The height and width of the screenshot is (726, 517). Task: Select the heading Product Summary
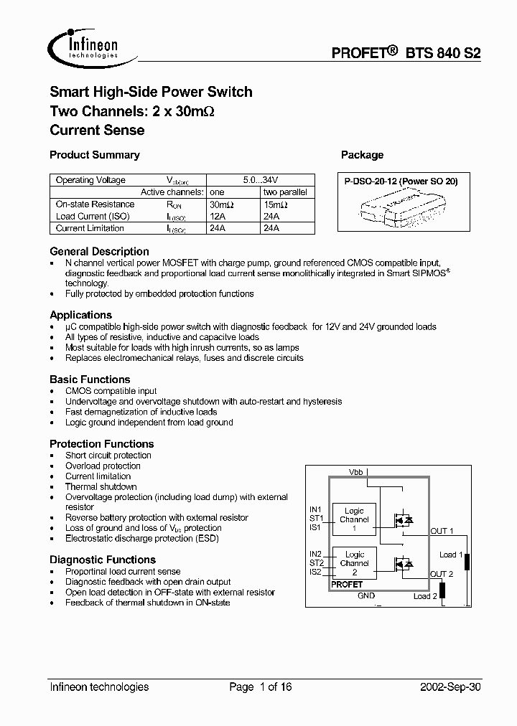94,155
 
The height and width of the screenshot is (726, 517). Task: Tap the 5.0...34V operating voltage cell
261,180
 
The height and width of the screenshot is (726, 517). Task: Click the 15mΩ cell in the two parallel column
275,204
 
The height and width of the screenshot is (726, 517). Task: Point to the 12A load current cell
216,217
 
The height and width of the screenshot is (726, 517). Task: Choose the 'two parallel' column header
285,192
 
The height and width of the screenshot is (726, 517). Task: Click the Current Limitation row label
90,229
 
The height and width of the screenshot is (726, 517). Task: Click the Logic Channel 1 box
354,519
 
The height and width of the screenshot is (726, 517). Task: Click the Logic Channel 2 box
354,563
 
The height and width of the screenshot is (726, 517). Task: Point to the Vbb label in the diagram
356,472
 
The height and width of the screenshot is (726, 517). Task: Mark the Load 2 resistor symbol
443,590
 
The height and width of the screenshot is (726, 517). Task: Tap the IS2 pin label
316,572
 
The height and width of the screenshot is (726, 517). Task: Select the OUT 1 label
442,532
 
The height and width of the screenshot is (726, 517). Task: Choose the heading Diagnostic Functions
103,560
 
